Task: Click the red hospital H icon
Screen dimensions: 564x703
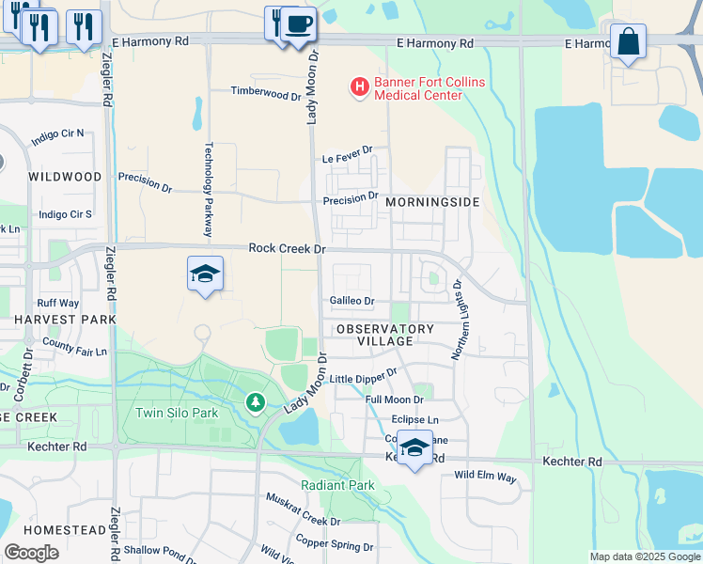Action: click(x=359, y=88)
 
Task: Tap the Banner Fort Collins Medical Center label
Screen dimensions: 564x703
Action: click(x=430, y=88)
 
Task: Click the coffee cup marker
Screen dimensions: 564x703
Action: click(x=299, y=23)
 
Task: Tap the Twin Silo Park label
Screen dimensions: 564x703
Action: click(x=177, y=413)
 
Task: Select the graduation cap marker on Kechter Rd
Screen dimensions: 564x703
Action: click(x=414, y=447)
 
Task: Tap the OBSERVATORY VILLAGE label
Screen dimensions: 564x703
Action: click(x=385, y=335)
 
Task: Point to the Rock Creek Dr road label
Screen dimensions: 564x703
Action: click(x=287, y=248)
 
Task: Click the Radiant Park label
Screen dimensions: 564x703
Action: click(x=337, y=485)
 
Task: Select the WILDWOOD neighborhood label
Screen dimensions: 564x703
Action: click(x=65, y=177)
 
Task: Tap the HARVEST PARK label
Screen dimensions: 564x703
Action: click(x=65, y=320)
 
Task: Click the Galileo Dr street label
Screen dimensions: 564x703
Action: click(x=352, y=301)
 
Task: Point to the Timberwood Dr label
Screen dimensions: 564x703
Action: click(x=267, y=94)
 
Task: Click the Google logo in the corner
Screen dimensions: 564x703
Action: click(x=31, y=553)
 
